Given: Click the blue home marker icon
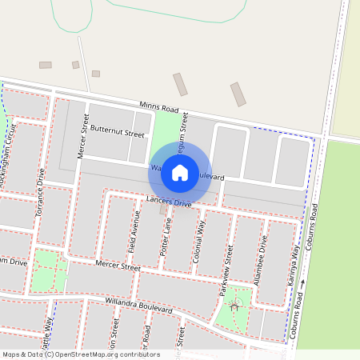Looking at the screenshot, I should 180,171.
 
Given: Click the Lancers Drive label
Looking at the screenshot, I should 169,202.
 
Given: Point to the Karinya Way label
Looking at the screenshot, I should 294,268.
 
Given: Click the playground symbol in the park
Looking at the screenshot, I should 234,304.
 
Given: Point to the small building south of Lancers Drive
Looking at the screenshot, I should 163,210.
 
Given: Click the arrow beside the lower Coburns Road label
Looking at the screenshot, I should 303,283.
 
